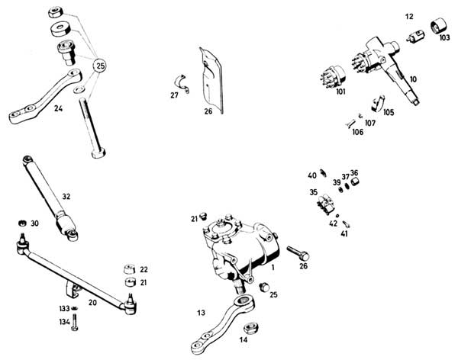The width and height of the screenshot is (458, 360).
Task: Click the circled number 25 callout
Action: pos(99,66)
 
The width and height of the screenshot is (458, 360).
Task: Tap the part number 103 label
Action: pos(444,37)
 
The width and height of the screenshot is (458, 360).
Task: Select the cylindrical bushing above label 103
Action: pos(440,25)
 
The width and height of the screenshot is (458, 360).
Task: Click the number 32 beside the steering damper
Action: pos(66,197)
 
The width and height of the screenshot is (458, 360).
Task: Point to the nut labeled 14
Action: pos(250,328)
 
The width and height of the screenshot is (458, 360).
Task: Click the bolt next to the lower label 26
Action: pos(298,253)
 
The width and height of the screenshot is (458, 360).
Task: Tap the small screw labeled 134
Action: pos(75,322)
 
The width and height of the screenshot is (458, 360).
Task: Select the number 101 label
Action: pos(340,92)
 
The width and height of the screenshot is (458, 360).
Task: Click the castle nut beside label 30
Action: pos(22,223)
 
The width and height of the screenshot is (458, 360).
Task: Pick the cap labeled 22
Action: pos(130,269)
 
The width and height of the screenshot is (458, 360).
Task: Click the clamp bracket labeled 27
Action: pos(182,83)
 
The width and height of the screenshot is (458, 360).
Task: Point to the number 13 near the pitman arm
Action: pos(202,313)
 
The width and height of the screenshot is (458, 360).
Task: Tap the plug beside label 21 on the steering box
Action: pos(203,217)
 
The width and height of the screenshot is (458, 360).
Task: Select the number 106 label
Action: pos(358,132)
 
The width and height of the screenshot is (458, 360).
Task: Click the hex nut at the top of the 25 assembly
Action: pos(55,12)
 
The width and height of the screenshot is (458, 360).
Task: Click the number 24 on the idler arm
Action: pos(59,108)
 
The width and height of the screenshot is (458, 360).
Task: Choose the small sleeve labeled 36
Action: pos(355,182)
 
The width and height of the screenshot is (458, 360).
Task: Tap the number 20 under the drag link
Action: pos(92,303)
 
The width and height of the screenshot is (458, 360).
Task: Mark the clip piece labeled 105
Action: pos(378,104)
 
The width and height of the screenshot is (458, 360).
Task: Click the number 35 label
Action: pos(314,192)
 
